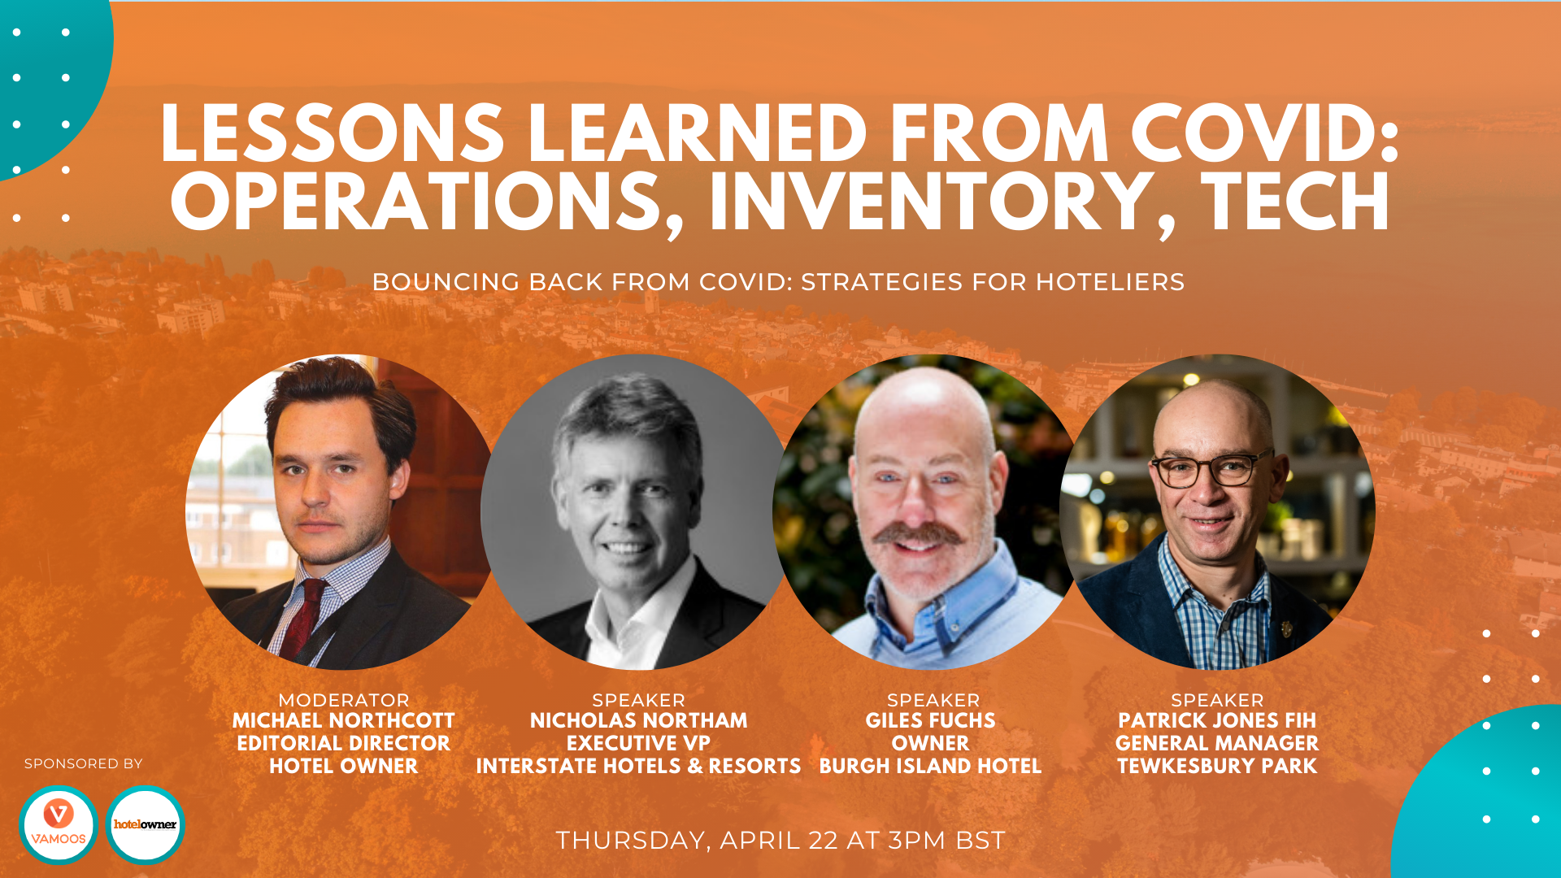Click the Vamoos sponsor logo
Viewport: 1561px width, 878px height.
click(x=59, y=824)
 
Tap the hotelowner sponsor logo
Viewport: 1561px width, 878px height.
click(x=146, y=824)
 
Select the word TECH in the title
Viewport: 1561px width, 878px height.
click(x=1295, y=202)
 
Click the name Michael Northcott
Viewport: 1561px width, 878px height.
click(x=343, y=721)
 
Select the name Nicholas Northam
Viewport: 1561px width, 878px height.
click(x=638, y=721)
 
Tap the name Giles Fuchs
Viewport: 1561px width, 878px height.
click(x=930, y=721)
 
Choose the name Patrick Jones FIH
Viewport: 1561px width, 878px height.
click(x=1217, y=721)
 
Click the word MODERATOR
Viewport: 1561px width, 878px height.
click(x=343, y=700)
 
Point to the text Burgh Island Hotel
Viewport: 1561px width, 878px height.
click(x=930, y=767)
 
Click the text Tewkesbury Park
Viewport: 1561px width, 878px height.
click(x=1217, y=767)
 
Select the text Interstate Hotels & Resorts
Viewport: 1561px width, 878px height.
click(x=638, y=767)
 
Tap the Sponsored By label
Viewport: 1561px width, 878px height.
click(x=84, y=764)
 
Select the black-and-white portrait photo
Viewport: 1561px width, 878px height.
click(x=635, y=512)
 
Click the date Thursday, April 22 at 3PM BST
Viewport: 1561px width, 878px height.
click(x=780, y=841)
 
